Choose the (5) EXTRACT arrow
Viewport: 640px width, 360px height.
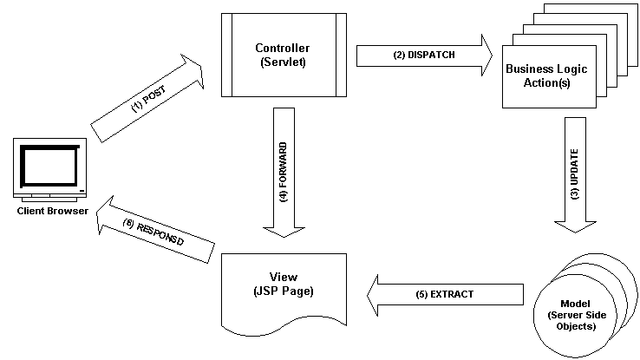click(x=445, y=294)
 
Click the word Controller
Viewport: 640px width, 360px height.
click(x=283, y=48)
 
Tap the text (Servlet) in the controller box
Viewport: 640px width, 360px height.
click(x=283, y=62)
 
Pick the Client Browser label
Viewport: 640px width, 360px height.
click(x=50, y=211)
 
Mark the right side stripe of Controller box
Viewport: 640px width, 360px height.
click(x=338, y=55)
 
